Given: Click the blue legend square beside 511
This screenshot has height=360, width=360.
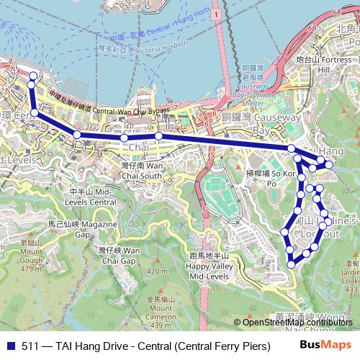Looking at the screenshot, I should coord(9,345).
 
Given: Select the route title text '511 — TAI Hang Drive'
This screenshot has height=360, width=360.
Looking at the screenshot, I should coord(73,345).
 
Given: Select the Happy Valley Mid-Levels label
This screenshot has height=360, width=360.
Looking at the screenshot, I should coord(208,266).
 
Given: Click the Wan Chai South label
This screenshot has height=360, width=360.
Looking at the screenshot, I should coord(141,171).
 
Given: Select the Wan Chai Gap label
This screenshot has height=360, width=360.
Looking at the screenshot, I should coord(119,255).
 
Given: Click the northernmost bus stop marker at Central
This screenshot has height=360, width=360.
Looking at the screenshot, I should coord(32,76).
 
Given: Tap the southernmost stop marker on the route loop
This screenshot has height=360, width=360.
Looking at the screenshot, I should coord(292,264).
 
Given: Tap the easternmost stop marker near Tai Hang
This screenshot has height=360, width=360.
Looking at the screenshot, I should coord(329,165).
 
